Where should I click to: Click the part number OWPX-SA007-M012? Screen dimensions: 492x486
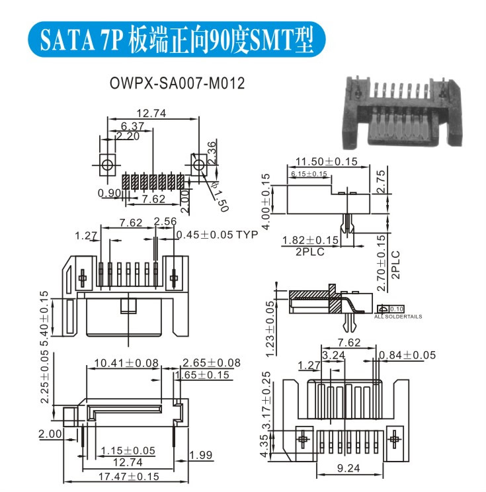(177, 84)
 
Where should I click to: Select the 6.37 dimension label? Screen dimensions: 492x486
(133, 126)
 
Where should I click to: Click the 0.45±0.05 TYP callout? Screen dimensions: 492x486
(219, 234)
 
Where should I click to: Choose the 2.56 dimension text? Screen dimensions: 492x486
(165, 222)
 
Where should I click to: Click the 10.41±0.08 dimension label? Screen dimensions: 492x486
(127, 363)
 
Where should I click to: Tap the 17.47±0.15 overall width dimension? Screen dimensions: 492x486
(129, 475)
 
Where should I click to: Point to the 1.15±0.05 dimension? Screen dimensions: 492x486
(128, 451)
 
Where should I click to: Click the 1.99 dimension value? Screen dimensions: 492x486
(200, 455)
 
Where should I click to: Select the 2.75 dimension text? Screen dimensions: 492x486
(380, 182)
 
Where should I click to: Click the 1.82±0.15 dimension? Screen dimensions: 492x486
(310, 240)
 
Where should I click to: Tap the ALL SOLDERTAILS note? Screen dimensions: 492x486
(398, 317)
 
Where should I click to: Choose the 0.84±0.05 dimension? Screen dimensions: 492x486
(408, 355)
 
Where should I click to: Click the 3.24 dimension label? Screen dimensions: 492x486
(333, 356)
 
